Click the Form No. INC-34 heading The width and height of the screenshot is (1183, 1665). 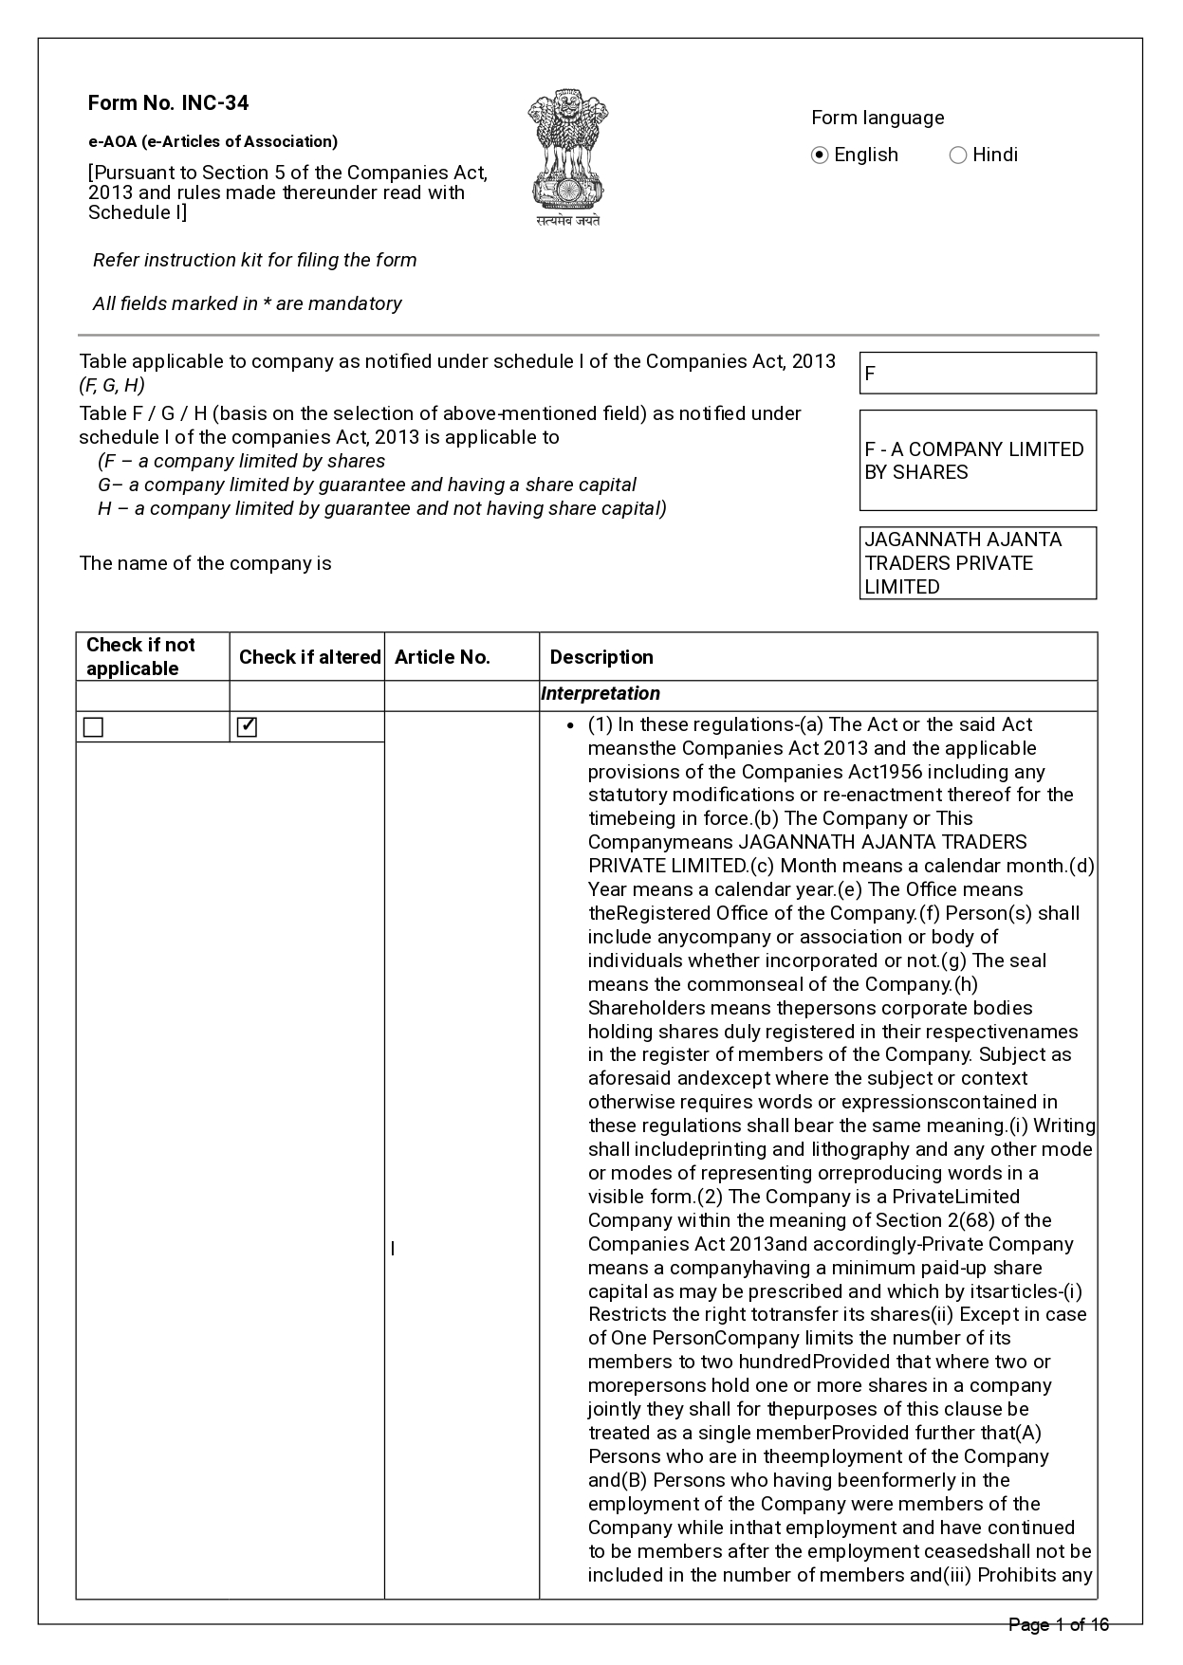tap(168, 103)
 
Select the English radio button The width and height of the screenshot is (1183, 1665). tap(821, 156)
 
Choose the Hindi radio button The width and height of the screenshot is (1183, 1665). tap(958, 156)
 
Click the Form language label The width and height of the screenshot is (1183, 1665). tap(878, 118)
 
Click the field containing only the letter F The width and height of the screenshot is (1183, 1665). tap(977, 373)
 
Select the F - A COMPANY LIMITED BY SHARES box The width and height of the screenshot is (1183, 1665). tap(977, 461)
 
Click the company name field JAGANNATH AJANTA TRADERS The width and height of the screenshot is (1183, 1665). tap(977, 563)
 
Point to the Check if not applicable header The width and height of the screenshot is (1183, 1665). tap(141, 656)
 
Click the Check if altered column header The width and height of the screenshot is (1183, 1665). tap(309, 657)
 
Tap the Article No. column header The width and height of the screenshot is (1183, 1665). tap(442, 657)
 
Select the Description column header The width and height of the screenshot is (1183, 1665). tap(601, 657)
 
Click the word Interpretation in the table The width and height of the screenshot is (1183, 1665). tap(601, 693)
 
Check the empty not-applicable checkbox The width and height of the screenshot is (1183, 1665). tap(93, 727)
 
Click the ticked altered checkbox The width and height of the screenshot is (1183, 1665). tap(247, 727)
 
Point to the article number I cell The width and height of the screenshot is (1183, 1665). tap(393, 1249)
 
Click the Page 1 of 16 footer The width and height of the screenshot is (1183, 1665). tap(1058, 1625)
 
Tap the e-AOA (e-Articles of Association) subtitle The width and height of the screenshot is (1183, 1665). tap(213, 141)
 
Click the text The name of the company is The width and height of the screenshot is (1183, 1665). tap(206, 563)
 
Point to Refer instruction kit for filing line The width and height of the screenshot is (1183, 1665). tap(254, 260)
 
